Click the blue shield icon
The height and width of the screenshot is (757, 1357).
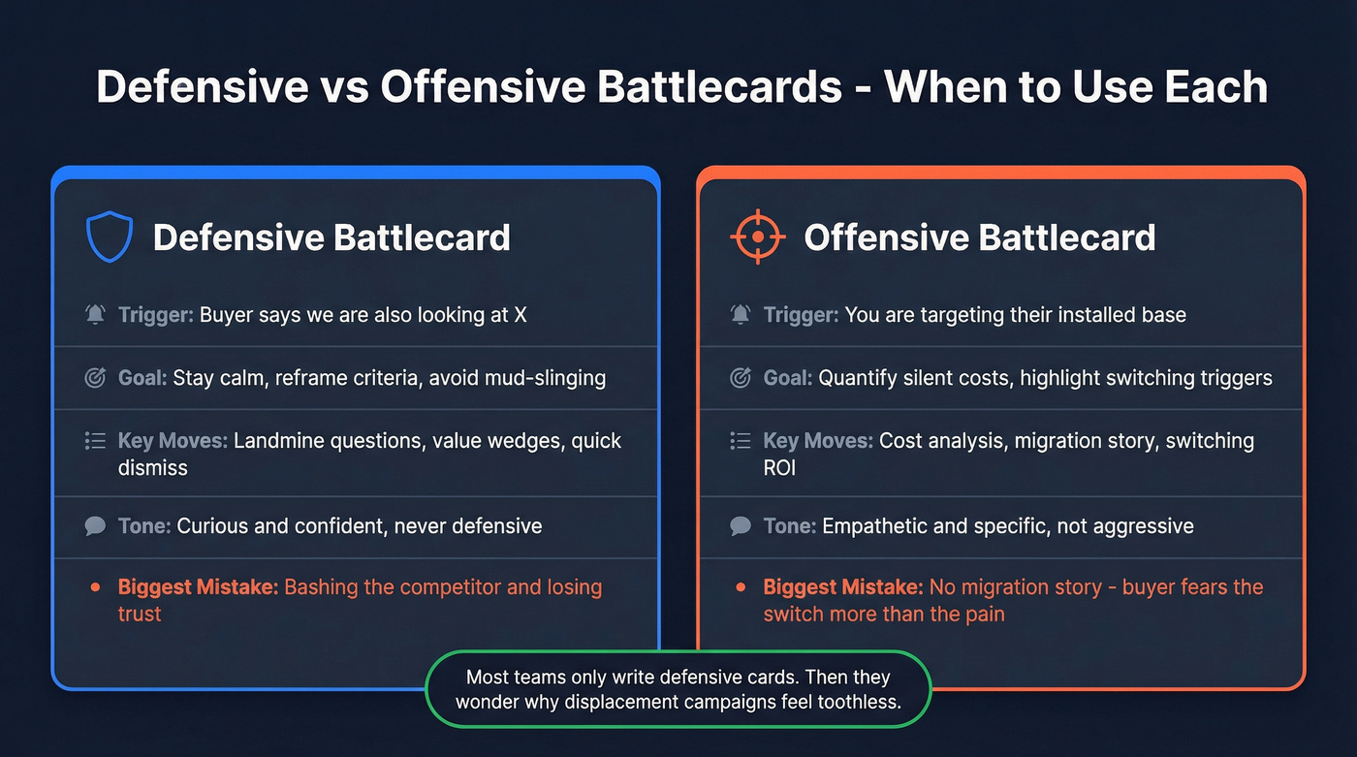[109, 237]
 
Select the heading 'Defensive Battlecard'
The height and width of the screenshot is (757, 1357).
[331, 237]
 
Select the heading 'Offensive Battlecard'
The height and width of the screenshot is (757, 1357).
[979, 237]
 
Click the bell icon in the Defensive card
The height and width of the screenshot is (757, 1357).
[95, 315]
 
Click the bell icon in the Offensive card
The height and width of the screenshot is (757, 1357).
[741, 315]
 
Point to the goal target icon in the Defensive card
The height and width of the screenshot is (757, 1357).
[95, 378]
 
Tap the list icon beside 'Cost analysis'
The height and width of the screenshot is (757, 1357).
[741, 441]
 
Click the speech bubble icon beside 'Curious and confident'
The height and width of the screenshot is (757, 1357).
[95, 526]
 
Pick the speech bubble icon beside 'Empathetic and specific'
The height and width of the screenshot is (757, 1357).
[741, 526]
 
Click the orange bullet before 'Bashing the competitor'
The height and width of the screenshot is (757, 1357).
[95, 587]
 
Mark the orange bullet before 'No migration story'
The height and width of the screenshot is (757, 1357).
[741, 587]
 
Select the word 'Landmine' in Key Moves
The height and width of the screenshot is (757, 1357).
[278, 441]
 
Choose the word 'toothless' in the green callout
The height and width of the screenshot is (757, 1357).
[855, 701]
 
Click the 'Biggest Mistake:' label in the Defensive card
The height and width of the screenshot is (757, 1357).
[198, 587]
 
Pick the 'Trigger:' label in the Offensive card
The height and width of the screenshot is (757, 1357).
[801, 315]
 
